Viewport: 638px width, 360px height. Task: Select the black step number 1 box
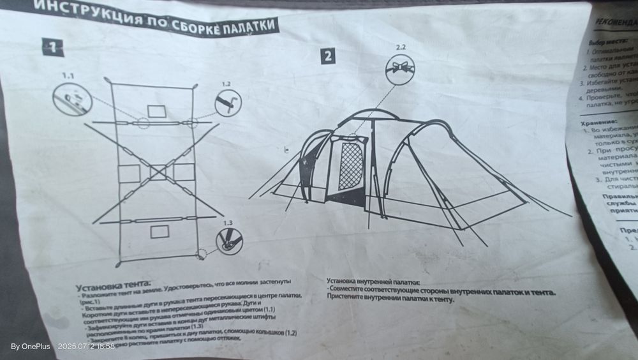point(52,47)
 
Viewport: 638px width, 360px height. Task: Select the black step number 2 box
point(327,56)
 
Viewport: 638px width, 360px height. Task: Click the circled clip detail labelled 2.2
point(400,68)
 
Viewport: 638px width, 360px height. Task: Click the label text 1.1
point(68,75)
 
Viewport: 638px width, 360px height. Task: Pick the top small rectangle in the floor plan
point(156,111)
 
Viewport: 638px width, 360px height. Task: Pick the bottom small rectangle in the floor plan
point(159,231)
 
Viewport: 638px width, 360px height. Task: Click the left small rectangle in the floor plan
point(129,174)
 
